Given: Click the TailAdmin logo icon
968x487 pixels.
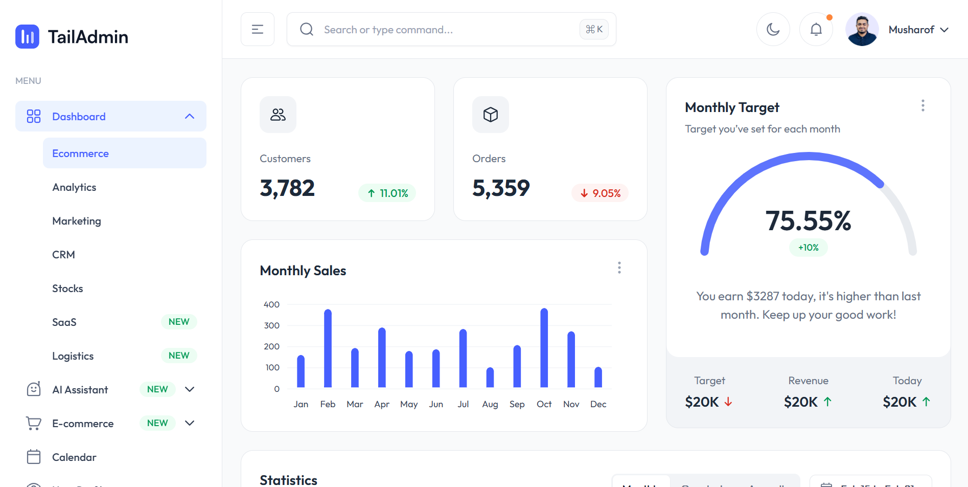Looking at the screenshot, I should click(27, 37).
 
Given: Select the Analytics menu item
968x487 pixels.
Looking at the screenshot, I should click(74, 187).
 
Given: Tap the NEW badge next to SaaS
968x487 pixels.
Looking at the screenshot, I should click(179, 322).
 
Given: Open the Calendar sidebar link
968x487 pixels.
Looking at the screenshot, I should click(74, 457).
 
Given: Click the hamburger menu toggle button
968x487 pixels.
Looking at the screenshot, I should click(258, 30).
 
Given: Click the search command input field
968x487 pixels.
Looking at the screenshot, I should click(440, 30).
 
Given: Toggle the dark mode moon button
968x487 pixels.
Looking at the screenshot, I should click(773, 30).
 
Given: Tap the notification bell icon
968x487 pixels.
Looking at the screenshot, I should click(816, 30).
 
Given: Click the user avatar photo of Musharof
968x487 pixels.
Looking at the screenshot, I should click(862, 30).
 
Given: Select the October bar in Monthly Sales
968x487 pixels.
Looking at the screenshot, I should click(544, 348).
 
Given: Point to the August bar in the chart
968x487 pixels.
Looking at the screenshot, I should click(490, 378).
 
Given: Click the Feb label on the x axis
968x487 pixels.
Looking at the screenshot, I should click(328, 404).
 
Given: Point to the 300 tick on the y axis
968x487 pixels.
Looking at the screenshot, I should click(271, 325).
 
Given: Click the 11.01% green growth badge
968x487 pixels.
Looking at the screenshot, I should click(387, 193).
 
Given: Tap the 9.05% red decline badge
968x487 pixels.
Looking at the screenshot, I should click(600, 193).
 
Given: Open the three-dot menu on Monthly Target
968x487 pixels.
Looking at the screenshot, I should click(923, 106).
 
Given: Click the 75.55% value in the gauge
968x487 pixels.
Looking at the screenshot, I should click(808, 221).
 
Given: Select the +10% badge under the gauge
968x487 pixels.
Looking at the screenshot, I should click(808, 248).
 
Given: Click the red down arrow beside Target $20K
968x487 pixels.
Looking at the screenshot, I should click(728, 402).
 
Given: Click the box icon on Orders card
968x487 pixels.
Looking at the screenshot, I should click(491, 115).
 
